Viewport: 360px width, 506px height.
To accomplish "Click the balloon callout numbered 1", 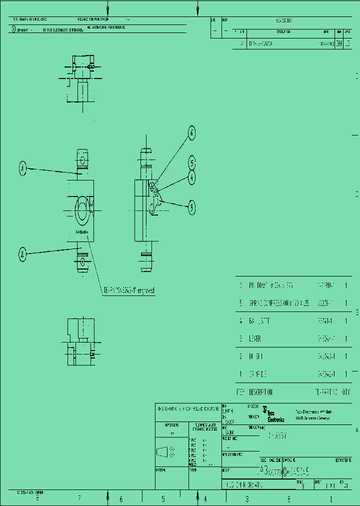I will pyautogui.click(x=22, y=169).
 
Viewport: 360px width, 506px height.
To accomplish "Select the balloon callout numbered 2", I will pyautogui.click(x=22, y=254).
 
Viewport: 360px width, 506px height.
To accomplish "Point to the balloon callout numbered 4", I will pyautogui.click(x=191, y=177).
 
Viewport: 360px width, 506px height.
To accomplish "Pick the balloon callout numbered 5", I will pyautogui.click(x=191, y=162).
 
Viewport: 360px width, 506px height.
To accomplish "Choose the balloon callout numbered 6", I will pyautogui.click(x=191, y=133).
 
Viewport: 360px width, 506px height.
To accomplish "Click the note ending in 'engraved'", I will pyautogui.click(x=129, y=290).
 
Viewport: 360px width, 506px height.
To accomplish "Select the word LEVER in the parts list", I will pyautogui.click(x=255, y=338).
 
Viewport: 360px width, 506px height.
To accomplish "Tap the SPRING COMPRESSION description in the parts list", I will pyautogui.click(x=277, y=303).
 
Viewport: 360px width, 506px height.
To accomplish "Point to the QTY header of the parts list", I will pyautogui.click(x=346, y=392).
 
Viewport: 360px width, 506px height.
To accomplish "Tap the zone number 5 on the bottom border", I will pyautogui.click(x=163, y=498).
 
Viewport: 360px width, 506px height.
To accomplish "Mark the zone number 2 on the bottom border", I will pyautogui.click(x=288, y=498).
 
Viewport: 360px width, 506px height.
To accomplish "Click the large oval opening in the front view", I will pyautogui.click(x=81, y=211).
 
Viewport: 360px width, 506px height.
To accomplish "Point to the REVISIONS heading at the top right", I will pyautogui.click(x=283, y=21).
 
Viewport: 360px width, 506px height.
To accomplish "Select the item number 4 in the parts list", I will pyautogui.click(x=240, y=320).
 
